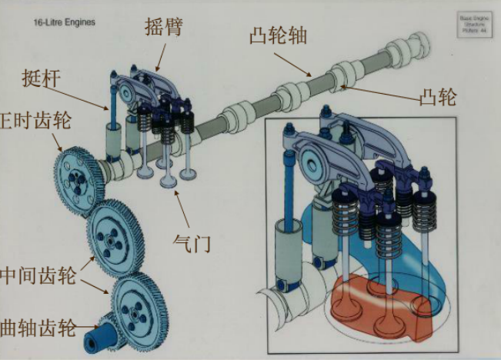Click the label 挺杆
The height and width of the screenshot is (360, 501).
pos(42,79)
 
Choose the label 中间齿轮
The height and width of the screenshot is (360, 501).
pos(38,275)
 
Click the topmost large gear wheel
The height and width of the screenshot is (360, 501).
pos(78,177)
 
